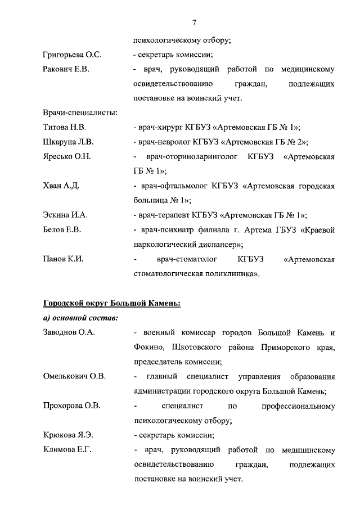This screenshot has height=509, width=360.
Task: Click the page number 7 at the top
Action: (193, 22)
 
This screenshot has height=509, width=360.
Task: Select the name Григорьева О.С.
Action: (71, 55)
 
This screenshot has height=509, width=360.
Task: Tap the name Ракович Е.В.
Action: (66, 70)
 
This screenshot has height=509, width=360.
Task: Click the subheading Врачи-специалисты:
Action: (80, 113)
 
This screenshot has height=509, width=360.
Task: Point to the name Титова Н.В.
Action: (64, 128)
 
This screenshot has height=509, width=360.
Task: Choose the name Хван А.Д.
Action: (61, 186)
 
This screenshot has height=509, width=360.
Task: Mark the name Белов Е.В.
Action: (62, 229)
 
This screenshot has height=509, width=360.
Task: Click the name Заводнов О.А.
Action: (69, 332)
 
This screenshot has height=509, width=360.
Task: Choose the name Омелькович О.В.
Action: (74, 376)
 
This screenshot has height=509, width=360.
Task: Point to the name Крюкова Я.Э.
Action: (67, 435)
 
